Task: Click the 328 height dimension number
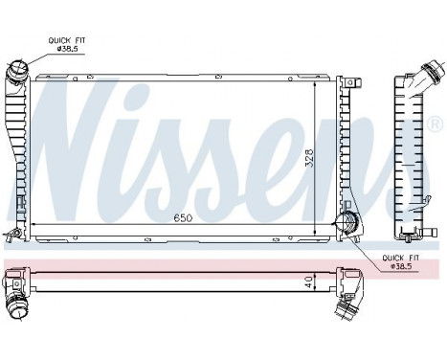(x=308, y=158)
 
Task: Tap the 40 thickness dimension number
(x=308, y=283)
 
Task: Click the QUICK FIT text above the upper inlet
(x=67, y=39)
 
